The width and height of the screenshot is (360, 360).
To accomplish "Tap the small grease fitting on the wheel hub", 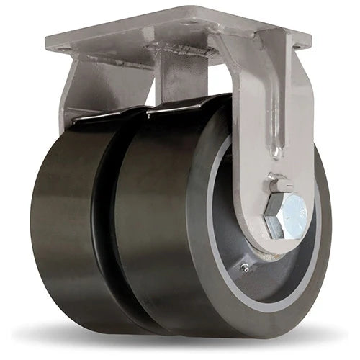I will point(247,268).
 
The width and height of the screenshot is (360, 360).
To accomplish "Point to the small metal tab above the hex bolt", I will point(282,184).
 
